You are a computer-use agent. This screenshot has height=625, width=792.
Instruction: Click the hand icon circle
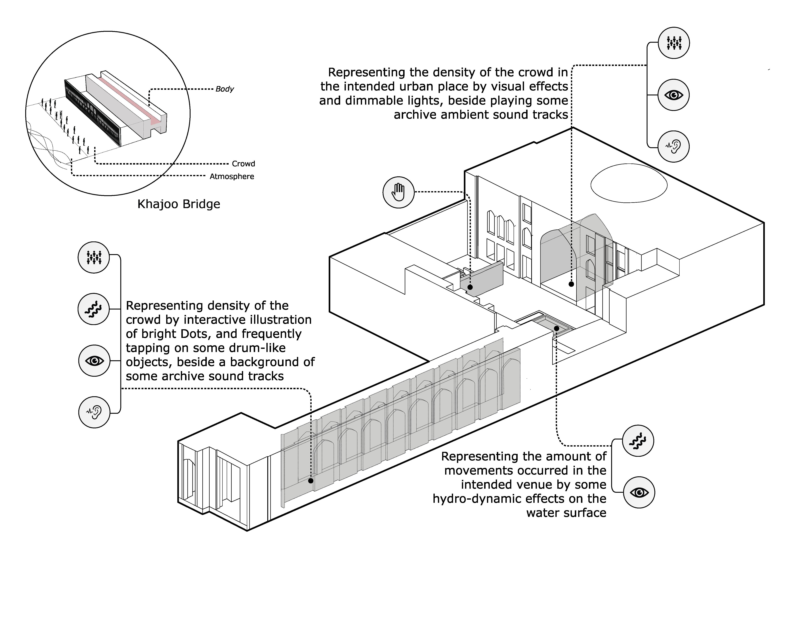pos(398,192)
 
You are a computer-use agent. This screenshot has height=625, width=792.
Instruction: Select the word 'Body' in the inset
pos(224,89)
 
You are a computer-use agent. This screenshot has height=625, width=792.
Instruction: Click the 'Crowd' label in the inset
pos(243,163)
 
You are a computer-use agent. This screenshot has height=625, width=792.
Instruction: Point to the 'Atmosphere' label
pos(232,176)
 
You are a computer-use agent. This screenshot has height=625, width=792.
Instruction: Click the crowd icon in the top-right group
pos(673,43)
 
